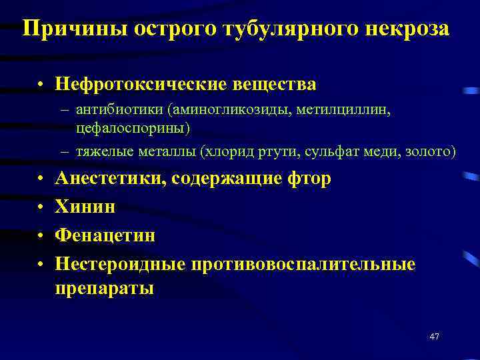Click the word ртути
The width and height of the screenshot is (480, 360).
click(x=285, y=151)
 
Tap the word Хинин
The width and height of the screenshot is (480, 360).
click(x=85, y=207)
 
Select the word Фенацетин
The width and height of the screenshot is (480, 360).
click(x=105, y=235)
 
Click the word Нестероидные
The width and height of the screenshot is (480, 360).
click(x=121, y=264)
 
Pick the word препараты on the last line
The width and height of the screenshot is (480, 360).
click(x=104, y=288)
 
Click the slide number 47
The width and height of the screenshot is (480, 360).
click(x=434, y=337)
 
